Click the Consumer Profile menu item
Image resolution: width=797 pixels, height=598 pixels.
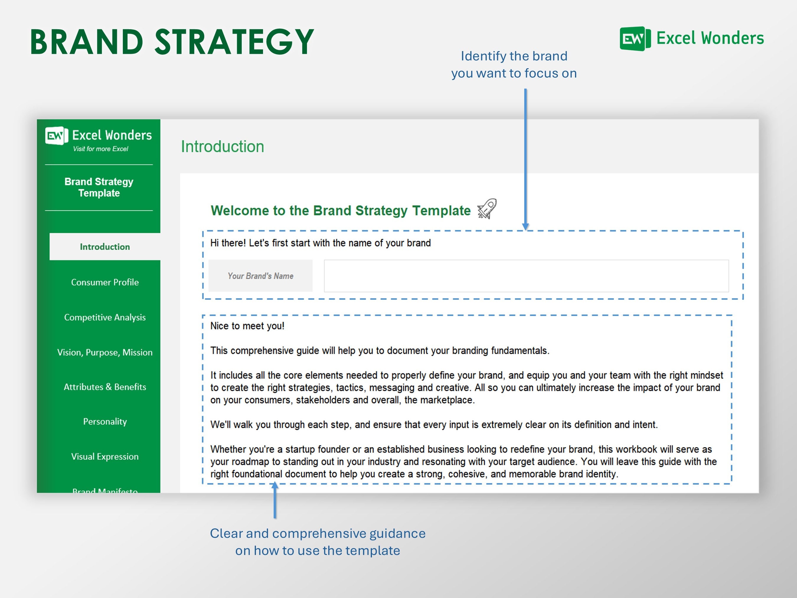(x=104, y=282)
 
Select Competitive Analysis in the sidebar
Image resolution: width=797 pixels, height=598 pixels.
(x=104, y=317)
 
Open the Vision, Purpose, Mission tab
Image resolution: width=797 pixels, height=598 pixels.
(x=104, y=352)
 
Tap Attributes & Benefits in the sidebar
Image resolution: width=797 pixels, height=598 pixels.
(x=104, y=387)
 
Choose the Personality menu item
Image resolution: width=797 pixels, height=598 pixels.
(x=104, y=421)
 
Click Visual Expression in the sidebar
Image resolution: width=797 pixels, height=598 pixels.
(x=104, y=456)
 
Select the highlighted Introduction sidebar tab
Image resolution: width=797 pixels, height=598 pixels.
(x=104, y=247)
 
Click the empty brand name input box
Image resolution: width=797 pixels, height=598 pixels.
(x=526, y=276)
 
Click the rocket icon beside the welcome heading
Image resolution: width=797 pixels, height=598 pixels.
(x=487, y=209)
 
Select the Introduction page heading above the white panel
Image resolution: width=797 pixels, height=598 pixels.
(x=222, y=147)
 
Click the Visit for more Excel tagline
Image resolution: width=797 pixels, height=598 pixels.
(x=101, y=149)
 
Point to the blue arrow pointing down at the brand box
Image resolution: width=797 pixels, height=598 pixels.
(x=525, y=159)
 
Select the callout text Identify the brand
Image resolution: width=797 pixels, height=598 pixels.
(x=514, y=56)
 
